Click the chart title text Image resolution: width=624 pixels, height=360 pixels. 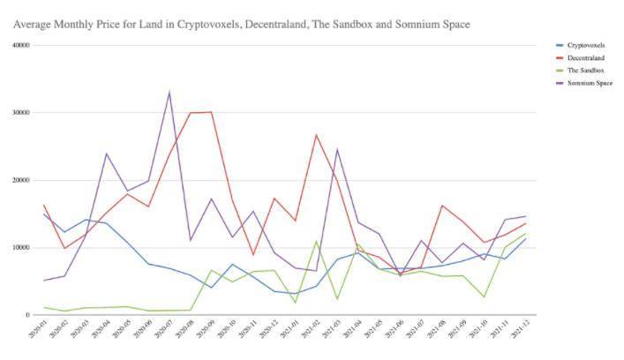point(241,24)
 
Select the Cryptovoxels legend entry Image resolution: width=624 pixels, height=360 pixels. point(590,44)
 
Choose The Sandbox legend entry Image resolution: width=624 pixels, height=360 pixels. point(587,70)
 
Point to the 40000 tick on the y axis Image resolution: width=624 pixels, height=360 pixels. point(19,45)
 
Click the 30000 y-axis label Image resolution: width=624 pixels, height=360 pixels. point(19,113)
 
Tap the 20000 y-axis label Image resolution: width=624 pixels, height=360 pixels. point(19,180)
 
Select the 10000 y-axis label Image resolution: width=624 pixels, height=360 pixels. point(19,248)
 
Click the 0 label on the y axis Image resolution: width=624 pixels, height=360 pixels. point(27,315)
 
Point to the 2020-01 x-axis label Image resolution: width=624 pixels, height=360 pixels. point(38,334)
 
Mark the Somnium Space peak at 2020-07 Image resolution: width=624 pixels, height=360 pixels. point(169,92)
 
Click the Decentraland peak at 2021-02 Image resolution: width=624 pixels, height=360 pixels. point(316,135)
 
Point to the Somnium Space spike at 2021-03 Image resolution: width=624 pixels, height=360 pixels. point(337,149)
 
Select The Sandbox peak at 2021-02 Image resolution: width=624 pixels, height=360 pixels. point(316,241)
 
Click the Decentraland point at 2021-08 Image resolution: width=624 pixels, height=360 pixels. point(441,206)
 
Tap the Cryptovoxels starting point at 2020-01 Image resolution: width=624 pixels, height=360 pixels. point(44,214)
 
